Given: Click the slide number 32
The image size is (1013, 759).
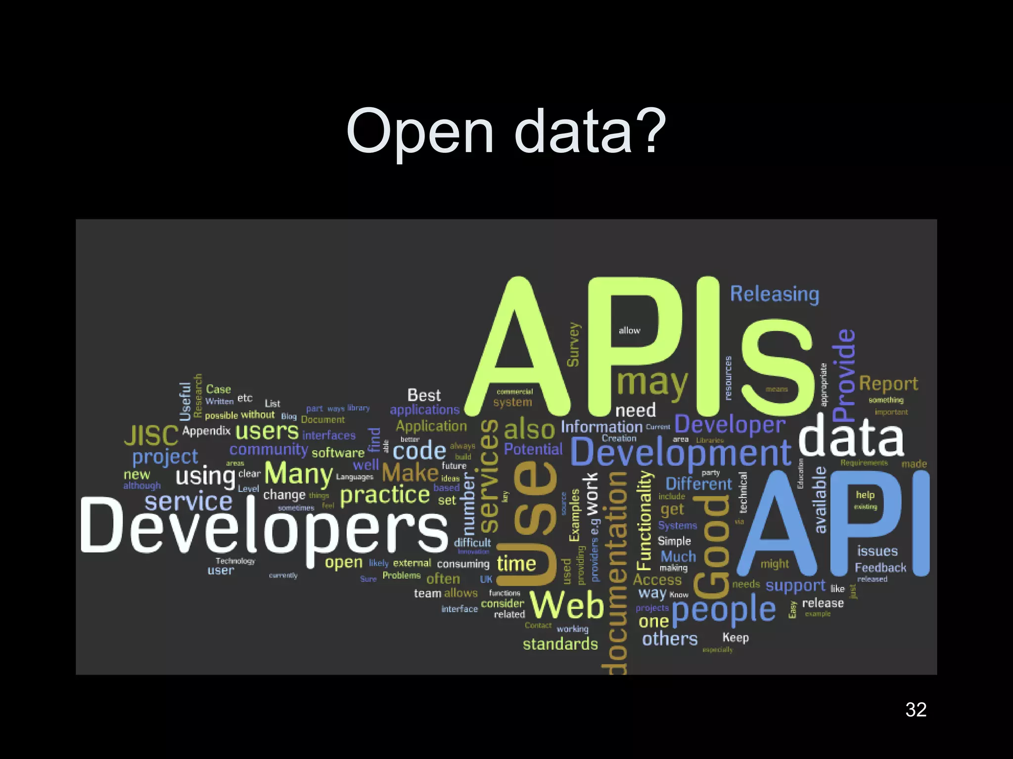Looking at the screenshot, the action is pyautogui.click(x=916, y=710).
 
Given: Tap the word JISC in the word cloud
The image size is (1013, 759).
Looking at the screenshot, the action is pyautogui.click(x=151, y=435).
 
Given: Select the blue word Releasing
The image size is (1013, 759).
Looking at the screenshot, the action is pyautogui.click(x=775, y=295).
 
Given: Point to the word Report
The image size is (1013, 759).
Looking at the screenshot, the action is pyautogui.click(x=888, y=383).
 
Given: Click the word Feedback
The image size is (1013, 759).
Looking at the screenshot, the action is pyautogui.click(x=880, y=568).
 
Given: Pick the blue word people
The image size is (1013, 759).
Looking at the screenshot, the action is pyautogui.click(x=724, y=610).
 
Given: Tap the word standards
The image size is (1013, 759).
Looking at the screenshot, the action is pyautogui.click(x=560, y=644).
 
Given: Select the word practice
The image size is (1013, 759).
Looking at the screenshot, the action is pyautogui.click(x=385, y=495).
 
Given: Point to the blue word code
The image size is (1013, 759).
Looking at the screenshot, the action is pyautogui.click(x=419, y=451).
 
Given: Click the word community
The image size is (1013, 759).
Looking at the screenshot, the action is pyautogui.click(x=269, y=450).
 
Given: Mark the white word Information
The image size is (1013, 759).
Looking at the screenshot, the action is pyautogui.click(x=601, y=427).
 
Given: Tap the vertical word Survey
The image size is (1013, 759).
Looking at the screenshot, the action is pyautogui.click(x=573, y=344).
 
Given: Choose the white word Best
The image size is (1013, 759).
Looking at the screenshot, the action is pyautogui.click(x=424, y=395).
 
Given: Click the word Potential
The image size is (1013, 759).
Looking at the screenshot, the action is pyautogui.click(x=533, y=449).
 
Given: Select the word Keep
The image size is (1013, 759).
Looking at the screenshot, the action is pyautogui.click(x=736, y=637).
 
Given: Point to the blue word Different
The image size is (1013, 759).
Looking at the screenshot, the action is pyautogui.click(x=698, y=484).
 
